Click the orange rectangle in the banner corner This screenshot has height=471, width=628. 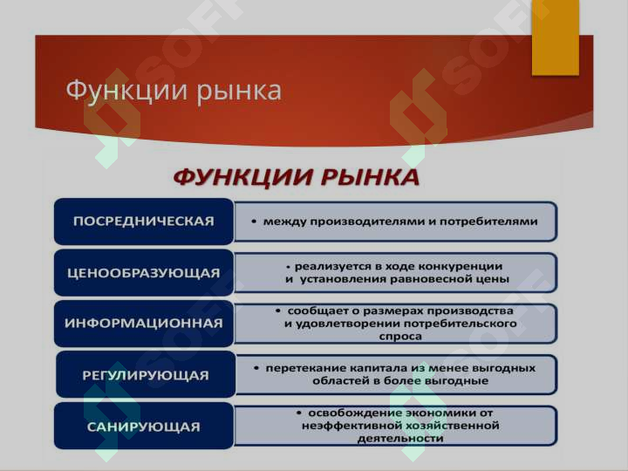[555, 38]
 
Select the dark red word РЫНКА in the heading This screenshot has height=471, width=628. [370, 177]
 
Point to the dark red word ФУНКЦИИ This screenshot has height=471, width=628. [244, 178]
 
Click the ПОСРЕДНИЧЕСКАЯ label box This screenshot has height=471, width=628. [144, 221]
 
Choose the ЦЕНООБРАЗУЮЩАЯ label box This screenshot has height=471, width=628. [144, 272]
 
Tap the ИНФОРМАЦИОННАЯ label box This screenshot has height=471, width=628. [144, 324]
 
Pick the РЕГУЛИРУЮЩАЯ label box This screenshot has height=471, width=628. [146, 374]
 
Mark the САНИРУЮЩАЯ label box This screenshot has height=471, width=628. [144, 426]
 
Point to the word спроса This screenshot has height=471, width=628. [400, 337]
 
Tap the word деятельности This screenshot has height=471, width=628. [400, 439]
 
